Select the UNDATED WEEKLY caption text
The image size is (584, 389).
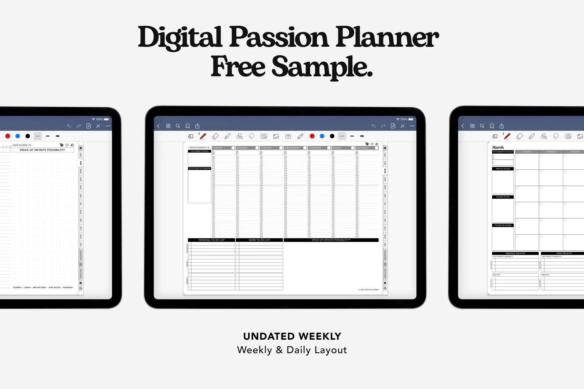tap(292, 336)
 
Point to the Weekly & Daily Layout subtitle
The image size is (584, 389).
tap(292, 350)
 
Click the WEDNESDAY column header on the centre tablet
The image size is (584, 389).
tap(292, 148)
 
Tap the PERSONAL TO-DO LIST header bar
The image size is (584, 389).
tap(211, 240)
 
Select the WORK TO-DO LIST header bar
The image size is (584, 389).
tap(259, 240)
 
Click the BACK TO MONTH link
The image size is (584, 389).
tap(199, 148)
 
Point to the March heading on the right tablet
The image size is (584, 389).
tap(498, 147)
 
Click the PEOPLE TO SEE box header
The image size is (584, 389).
tap(503, 169)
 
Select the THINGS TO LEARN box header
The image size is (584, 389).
tap(503, 225)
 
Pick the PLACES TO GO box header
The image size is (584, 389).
tap(503, 197)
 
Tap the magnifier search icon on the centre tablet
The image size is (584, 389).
tap(178, 126)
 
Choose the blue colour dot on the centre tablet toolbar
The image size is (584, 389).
tap(322, 136)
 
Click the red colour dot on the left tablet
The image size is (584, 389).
tap(8, 136)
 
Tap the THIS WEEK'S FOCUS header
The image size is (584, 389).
tap(199, 151)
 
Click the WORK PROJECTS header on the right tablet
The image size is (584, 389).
tap(564, 253)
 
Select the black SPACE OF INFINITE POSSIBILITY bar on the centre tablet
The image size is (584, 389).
tap(331, 240)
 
